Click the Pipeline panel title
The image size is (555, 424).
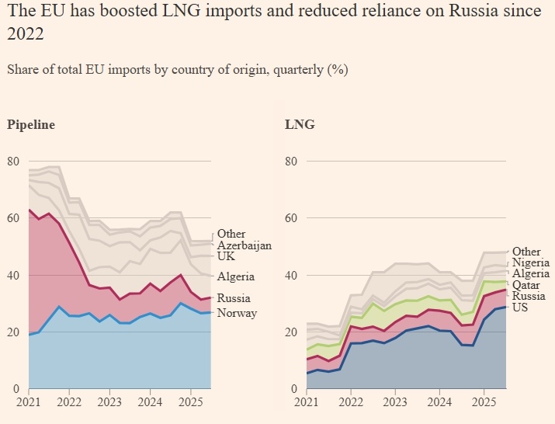point(31,124)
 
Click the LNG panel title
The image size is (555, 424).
point(300,124)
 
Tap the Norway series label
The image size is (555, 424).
point(237,313)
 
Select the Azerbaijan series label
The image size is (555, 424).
point(245,245)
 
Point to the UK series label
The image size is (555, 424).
point(226,256)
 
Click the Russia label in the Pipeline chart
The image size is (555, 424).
point(234,298)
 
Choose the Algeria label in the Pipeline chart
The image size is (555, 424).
point(236,277)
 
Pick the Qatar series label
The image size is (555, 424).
point(528,285)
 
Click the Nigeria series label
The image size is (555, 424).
point(531,263)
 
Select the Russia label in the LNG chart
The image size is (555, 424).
point(529,296)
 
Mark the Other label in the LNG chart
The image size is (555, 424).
point(526,252)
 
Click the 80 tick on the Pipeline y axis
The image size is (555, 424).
point(13,162)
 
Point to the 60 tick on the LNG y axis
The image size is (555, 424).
point(290,218)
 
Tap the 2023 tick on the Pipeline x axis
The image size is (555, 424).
point(110,404)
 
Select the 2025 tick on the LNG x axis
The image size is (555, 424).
point(484,404)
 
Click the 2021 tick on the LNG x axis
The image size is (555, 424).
point(306,404)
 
